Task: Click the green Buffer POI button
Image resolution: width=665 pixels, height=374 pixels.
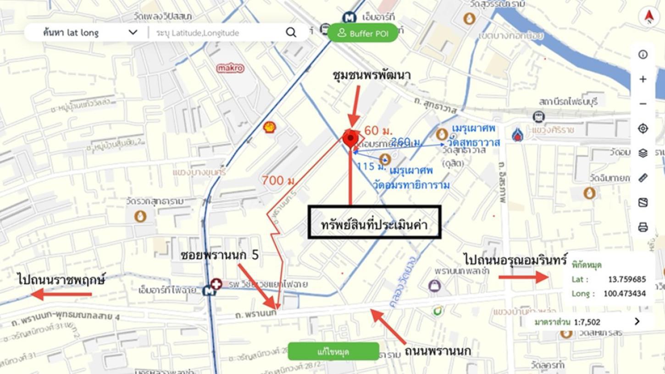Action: (x=363, y=33)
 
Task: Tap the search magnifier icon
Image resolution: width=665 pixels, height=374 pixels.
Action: (x=291, y=32)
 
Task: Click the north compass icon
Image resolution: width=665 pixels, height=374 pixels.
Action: (x=648, y=17)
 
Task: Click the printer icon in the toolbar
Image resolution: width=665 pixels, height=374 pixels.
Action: (x=643, y=227)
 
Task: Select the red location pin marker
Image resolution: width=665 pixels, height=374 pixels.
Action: (x=350, y=139)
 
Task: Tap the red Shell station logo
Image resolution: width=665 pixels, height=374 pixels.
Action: (x=270, y=127)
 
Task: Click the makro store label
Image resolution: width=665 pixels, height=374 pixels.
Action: (x=230, y=68)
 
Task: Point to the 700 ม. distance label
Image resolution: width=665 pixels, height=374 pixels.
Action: (x=278, y=181)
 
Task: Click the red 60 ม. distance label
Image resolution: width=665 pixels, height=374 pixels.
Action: (x=378, y=130)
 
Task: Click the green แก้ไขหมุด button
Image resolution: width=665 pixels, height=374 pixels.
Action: (x=333, y=351)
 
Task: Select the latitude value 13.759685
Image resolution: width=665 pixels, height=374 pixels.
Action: (x=627, y=279)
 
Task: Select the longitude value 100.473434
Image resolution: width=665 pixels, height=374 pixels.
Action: (x=624, y=293)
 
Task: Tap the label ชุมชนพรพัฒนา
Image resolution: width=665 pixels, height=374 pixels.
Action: (x=372, y=75)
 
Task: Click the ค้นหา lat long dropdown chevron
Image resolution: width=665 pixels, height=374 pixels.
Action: (x=133, y=32)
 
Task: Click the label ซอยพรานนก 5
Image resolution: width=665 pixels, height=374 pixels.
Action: (x=220, y=255)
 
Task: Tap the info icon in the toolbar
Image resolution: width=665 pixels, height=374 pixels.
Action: (x=643, y=55)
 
